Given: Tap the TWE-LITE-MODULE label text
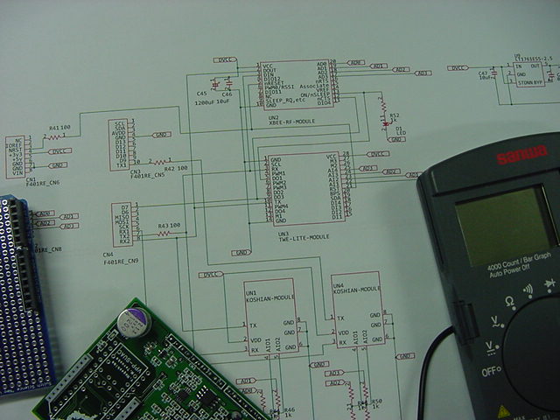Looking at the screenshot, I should pos(304,236).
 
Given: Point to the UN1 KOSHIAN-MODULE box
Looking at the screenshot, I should pos(269,316).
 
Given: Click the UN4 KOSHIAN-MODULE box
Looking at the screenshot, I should pos(357,310).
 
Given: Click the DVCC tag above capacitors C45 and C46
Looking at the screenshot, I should pos(224,59).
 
